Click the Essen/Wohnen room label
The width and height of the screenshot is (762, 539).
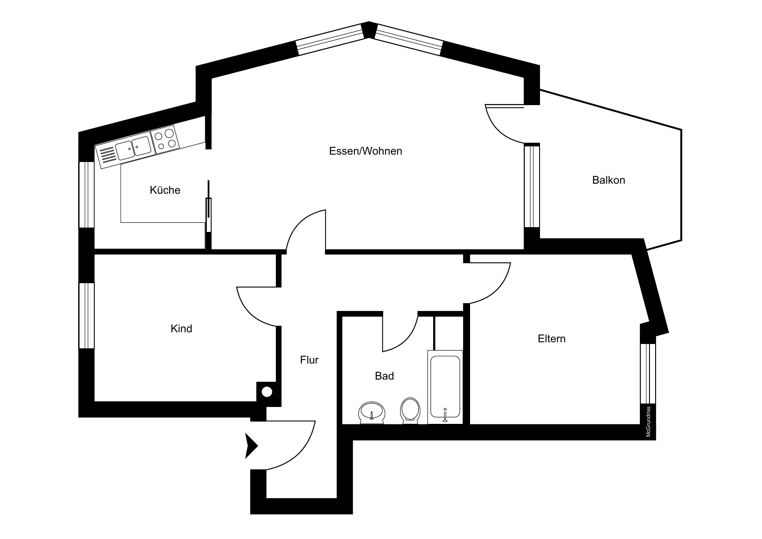[365, 151]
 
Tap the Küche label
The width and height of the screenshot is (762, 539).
[165, 190]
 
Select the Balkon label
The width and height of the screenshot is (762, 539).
[608, 180]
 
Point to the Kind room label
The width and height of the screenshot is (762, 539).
[181, 328]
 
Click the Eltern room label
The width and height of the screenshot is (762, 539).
[551, 338]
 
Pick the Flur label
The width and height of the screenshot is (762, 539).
[309, 360]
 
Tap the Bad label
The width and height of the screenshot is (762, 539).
[384, 376]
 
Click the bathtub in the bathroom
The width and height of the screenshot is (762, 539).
[444, 387]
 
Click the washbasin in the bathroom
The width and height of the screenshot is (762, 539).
[372, 412]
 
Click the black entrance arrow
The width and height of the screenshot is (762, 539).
[252, 446]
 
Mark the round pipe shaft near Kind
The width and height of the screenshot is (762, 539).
[267, 392]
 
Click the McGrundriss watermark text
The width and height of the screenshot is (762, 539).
[648, 421]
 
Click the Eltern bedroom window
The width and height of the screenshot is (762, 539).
[648, 374]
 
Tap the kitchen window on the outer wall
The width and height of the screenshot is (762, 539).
[86, 195]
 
